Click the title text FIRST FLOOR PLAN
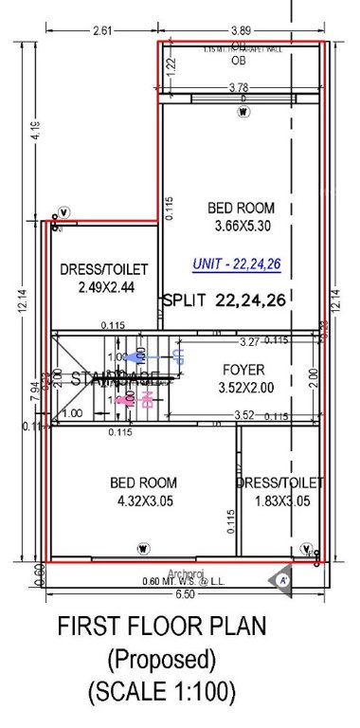pyautogui.click(x=161, y=627)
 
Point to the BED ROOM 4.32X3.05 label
pyautogui.click(x=143, y=491)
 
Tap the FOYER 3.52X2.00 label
pyautogui.click(x=243, y=377)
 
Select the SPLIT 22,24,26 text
pyautogui.click(x=225, y=300)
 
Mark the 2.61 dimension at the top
pyautogui.click(x=103, y=30)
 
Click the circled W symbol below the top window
pyautogui.click(x=243, y=111)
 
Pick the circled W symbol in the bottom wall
pyautogui.click(x=143, y=547)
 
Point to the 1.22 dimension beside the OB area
pyautogui.click(x=172, y=65)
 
